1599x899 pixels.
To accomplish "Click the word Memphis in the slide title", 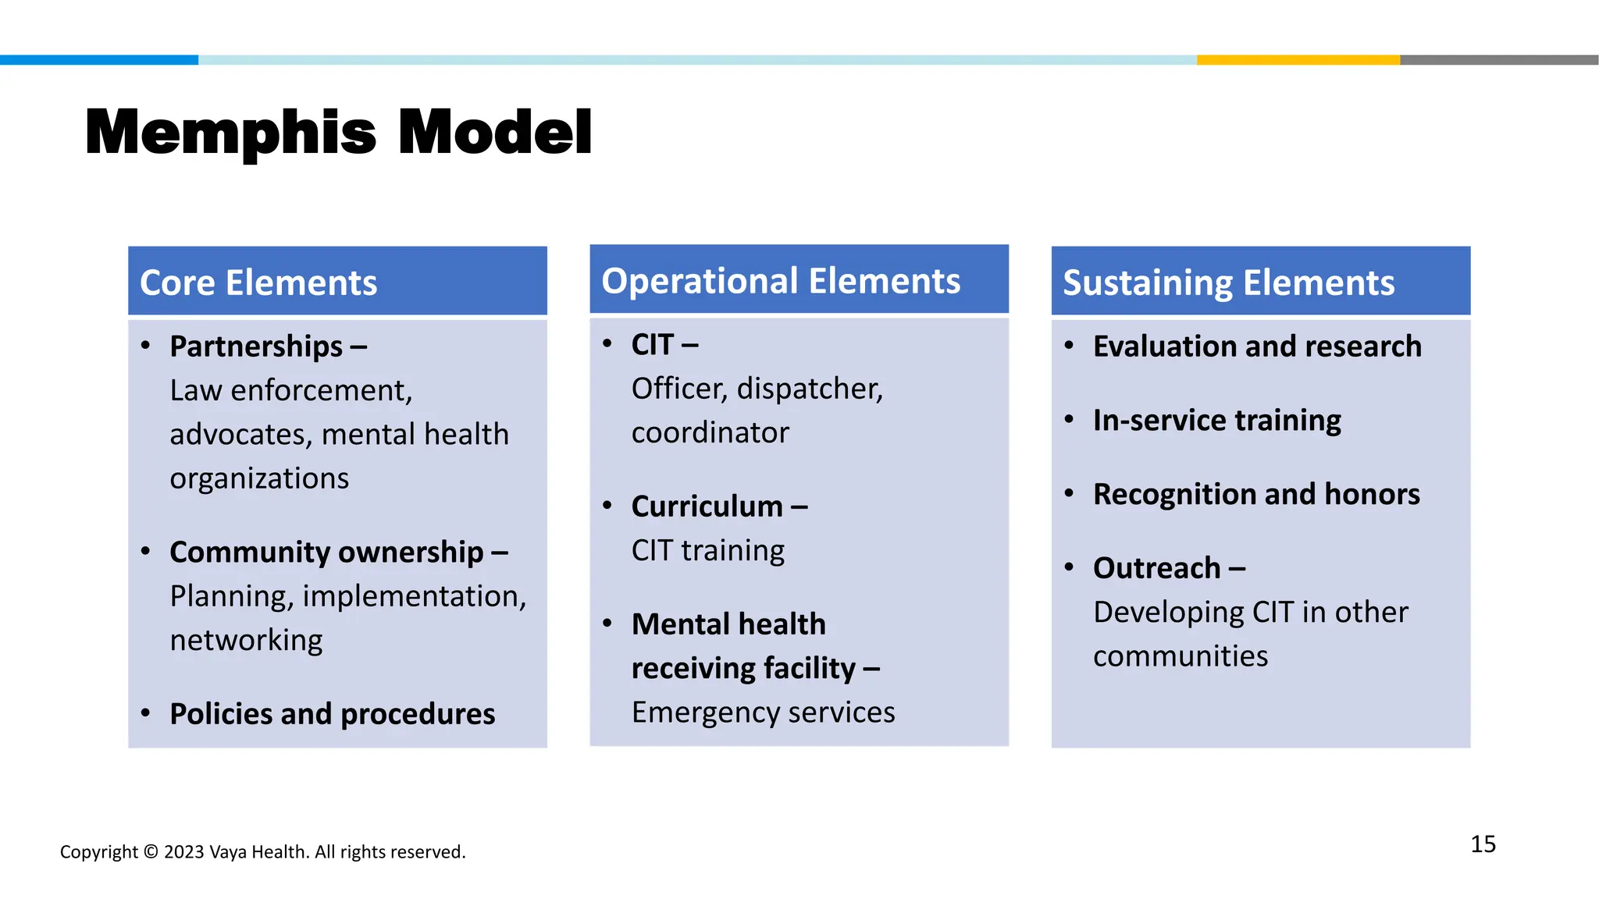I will tap(230, 133).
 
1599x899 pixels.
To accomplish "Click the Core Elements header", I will tap(258, 282).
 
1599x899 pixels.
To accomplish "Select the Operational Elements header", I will tap(781, 281).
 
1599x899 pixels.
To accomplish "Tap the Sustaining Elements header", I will tap(1228, 282).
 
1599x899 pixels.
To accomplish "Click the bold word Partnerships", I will tap(256, 346).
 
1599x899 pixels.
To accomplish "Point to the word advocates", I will tap(240, 435).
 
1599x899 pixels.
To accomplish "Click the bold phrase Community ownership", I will tap(326, 553).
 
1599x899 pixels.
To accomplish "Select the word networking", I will tap(246, 641).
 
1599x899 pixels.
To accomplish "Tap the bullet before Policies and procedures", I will tap(145, 713).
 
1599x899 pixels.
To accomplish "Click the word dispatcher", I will tap(810, 389).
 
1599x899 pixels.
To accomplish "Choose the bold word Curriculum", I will tap(707, 506).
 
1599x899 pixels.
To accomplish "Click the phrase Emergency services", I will tap(763, 712).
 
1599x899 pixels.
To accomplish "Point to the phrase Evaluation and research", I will tap(1257, 346).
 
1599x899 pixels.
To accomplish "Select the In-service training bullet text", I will tap(1216, 421).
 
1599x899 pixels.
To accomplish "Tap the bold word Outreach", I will tap(1156, 568).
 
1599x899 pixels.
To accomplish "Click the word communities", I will tap(1181, 656).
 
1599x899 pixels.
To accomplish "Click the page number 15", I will tap(1483, 844).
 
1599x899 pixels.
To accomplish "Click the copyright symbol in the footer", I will tap(151, 852).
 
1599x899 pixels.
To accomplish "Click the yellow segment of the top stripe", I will tap(1298, 60).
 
